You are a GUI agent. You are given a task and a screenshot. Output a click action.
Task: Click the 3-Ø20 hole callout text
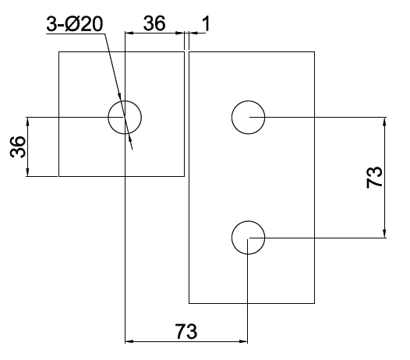[75, 24]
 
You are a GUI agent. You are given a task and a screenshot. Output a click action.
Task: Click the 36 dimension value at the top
[154, 23]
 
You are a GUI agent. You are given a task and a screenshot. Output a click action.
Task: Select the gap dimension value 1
[207, 23]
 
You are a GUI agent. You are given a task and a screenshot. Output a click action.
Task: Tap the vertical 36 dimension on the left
[18, 147]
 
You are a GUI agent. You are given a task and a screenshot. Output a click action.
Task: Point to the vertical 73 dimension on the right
[374, 177]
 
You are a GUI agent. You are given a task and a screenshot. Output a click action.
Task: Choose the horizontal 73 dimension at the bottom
[186, 331]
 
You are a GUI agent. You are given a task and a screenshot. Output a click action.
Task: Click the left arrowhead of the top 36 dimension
[129, 33]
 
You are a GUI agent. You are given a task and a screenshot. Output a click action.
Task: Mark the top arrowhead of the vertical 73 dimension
[384, 122]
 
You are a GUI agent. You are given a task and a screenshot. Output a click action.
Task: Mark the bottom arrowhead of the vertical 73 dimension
[384, 234]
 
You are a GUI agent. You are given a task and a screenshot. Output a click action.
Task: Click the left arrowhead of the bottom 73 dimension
[129, 341]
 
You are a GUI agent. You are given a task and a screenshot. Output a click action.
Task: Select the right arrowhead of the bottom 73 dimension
[243, 341]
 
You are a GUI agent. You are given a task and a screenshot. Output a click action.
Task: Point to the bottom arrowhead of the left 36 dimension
[28, 172]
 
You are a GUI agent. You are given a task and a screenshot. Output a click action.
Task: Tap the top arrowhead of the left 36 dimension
[28, 122]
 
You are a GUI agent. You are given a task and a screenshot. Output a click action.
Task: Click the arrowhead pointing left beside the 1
[193, 33]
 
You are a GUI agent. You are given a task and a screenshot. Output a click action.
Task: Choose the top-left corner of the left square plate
[58, 51]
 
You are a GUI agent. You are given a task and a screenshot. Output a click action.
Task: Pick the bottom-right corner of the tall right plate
[314, 303]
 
